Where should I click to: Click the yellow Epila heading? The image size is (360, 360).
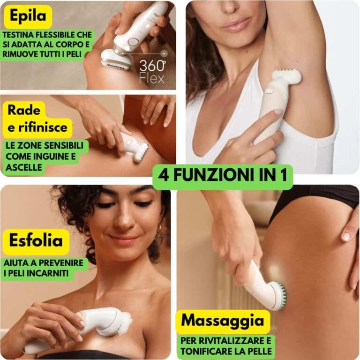pyautogui.click(x=28, y=16)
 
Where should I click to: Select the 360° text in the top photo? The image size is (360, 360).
pyautogui.click(x=152, y=66)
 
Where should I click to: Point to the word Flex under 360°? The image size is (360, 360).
pyautogui.click(x=152, y=78)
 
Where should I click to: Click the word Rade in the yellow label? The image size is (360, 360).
pyautogui.click(x=24, y=110)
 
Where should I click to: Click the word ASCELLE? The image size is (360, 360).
pyautogui.click(x=23, y=167)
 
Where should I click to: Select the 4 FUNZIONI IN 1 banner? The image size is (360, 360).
pyautogui.click(x=223, y=175)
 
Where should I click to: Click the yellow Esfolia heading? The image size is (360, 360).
pyautogui.click(x=36, y=240)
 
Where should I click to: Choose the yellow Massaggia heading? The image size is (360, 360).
pyautogui.click(x=223, y=321)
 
